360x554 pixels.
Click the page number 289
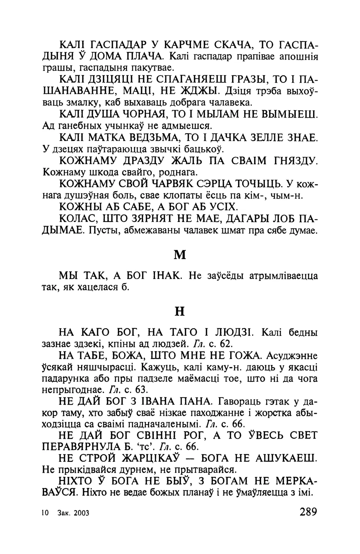pyautogui.click(x=303, y=512)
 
